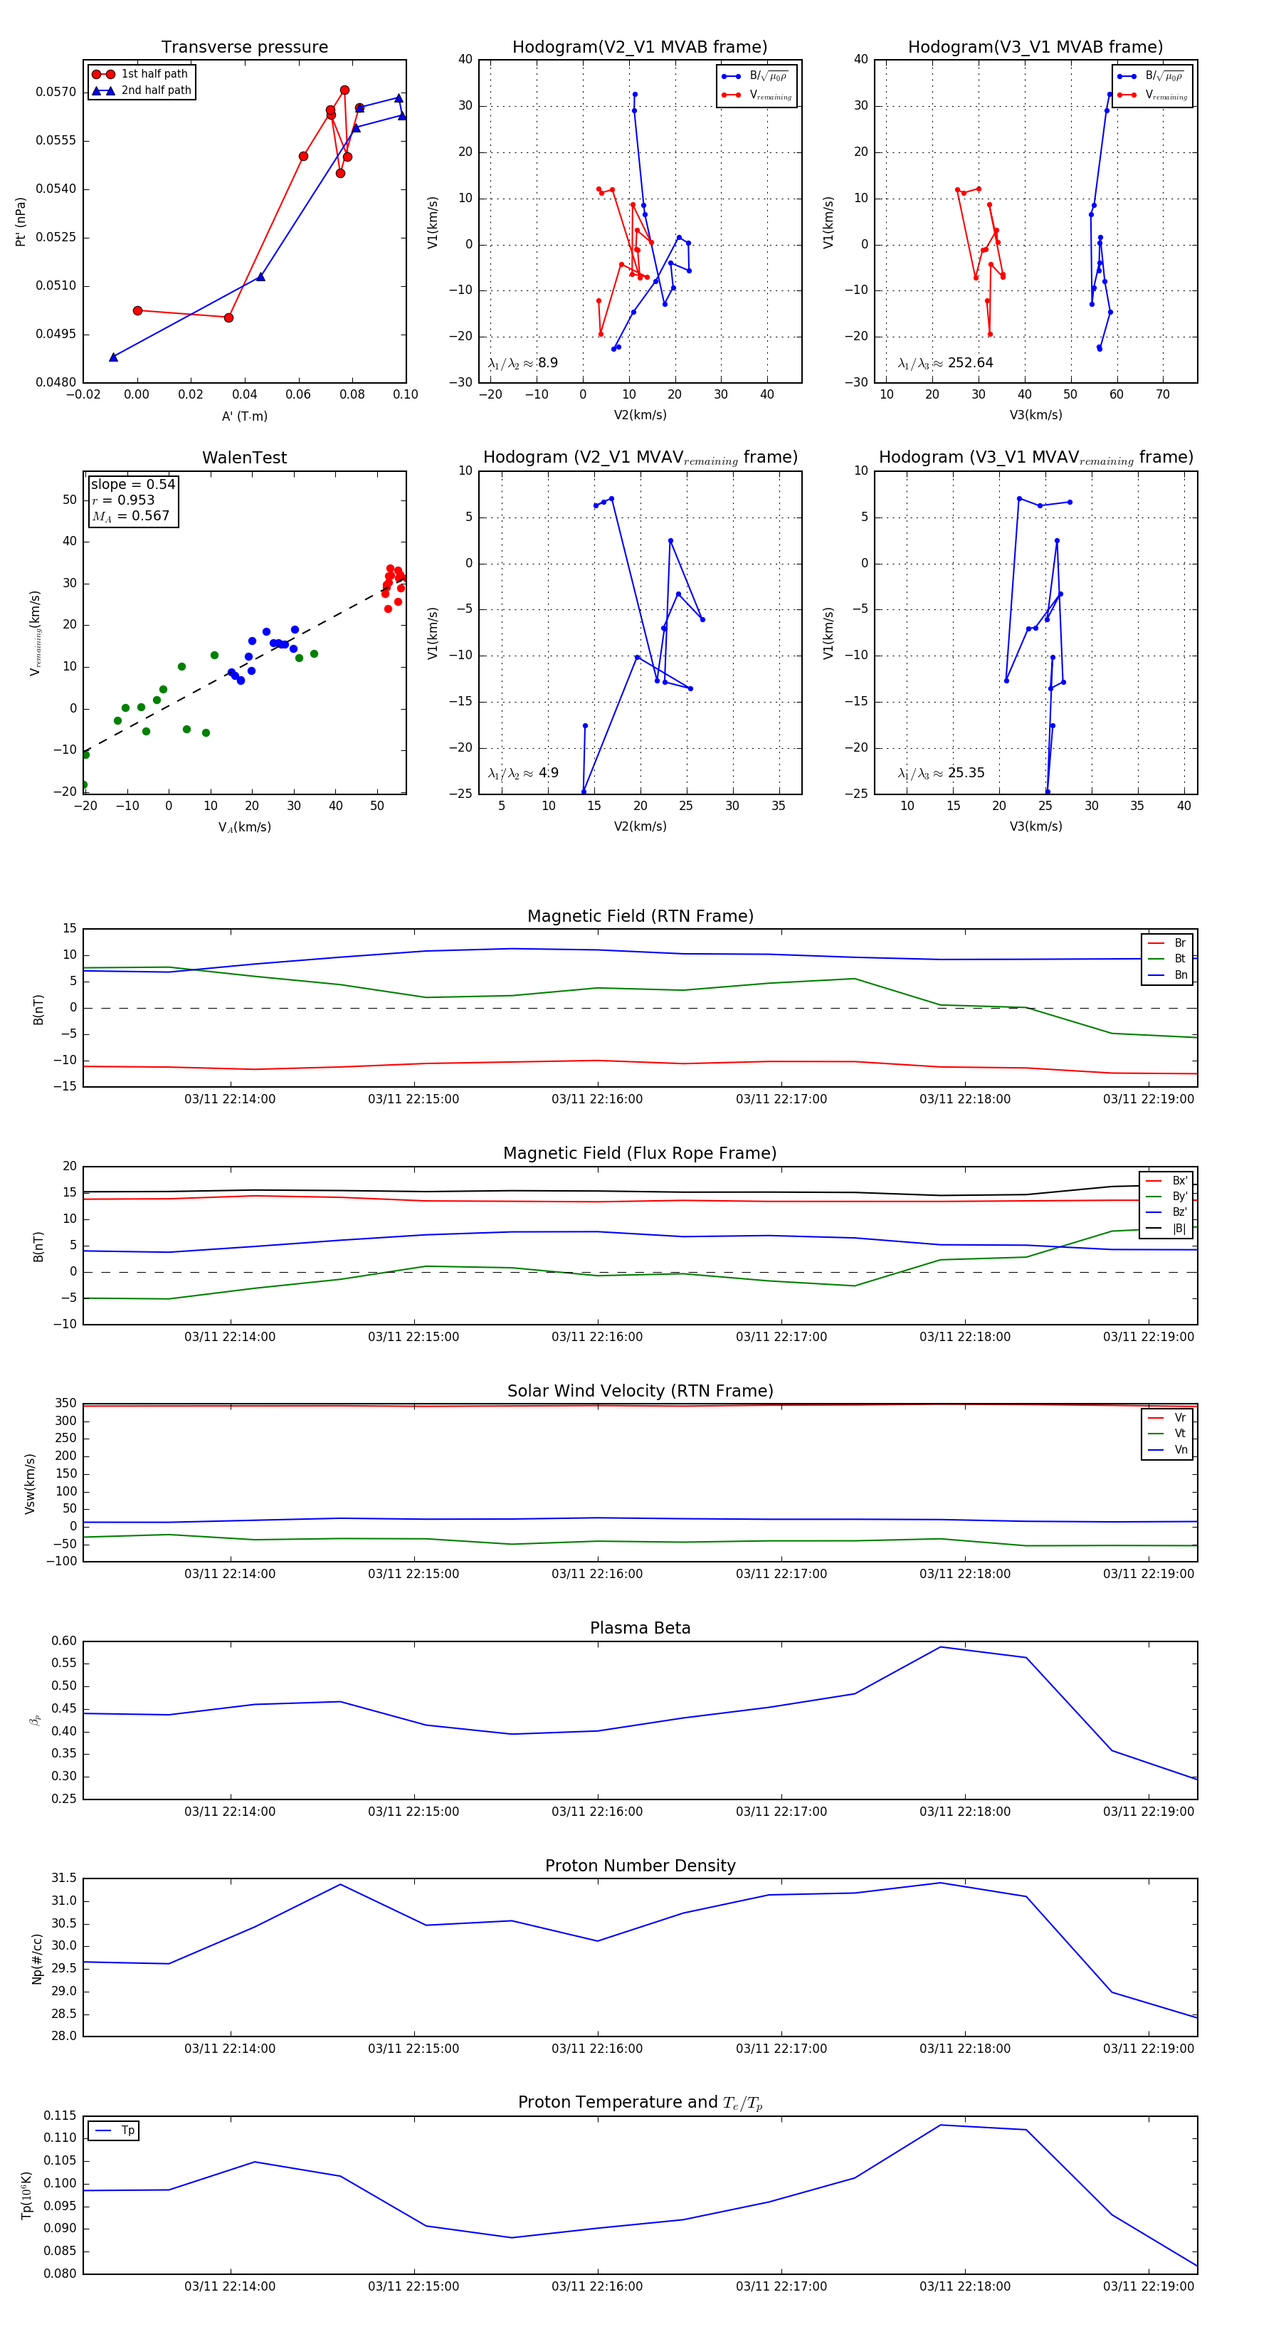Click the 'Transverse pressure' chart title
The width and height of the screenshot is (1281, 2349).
coord(244,48)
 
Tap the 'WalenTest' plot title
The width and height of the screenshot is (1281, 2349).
coord(244,458)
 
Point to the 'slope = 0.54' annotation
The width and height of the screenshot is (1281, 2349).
coord(132,484)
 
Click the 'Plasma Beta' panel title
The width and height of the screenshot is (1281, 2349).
coord(640,1628)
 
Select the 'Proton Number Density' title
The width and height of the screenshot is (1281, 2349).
coord(640,1866)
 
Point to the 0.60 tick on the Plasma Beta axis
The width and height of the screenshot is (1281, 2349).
coord(64,1641)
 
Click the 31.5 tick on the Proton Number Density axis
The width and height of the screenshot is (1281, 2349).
coord(64,1878)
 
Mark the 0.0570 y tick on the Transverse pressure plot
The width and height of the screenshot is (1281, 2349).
coord(56,92)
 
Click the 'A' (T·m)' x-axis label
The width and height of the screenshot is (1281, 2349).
coord(244,416)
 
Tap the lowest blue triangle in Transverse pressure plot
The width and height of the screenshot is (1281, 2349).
coord(113,357)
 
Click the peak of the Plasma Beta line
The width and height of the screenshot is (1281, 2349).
coord(941,1647)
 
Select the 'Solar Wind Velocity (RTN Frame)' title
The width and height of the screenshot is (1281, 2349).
coord(640,1391)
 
